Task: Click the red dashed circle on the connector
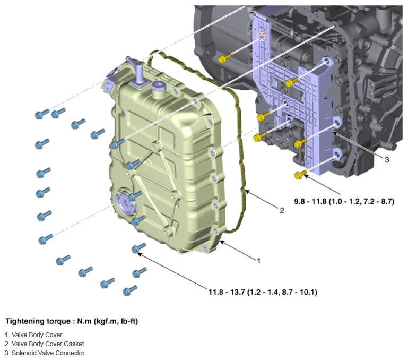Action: pos(262,37)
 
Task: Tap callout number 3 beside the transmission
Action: pos(387,159)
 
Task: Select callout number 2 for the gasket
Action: pos(282,210)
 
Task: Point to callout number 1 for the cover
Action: pos(258,260)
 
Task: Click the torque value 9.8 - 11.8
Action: pos(344,201)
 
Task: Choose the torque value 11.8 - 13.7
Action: pos(263,292)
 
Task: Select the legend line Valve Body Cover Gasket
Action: pos(44,344)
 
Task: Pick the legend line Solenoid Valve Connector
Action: pos(45,353)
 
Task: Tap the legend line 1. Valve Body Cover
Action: pos(33,335)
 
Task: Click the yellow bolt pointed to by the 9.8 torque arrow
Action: pos(300,175)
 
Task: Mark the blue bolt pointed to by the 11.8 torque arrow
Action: pos(138,248)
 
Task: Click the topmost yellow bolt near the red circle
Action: pos(224,58)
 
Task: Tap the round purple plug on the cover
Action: pos(124,203)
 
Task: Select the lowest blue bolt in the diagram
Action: pos(129,290)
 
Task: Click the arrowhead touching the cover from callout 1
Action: pos(222,243)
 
